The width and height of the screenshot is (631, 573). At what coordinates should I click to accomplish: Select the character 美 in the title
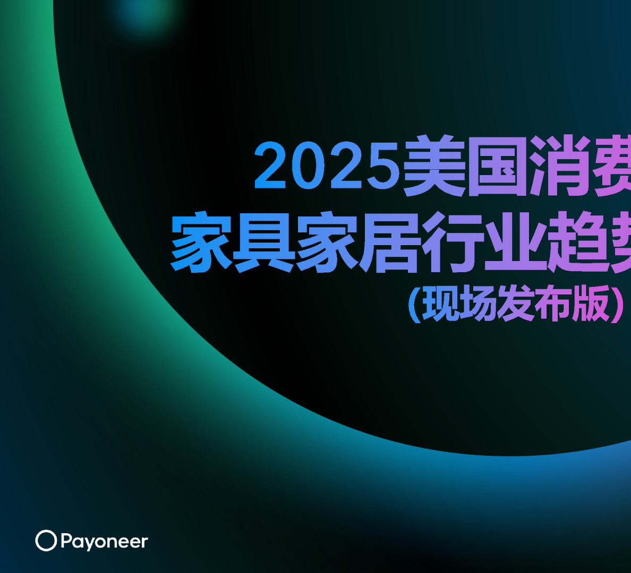[434, 166]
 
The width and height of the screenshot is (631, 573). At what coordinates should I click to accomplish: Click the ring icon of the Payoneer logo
[46, 541]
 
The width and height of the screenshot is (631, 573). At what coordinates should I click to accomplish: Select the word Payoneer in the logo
[104, 542]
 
